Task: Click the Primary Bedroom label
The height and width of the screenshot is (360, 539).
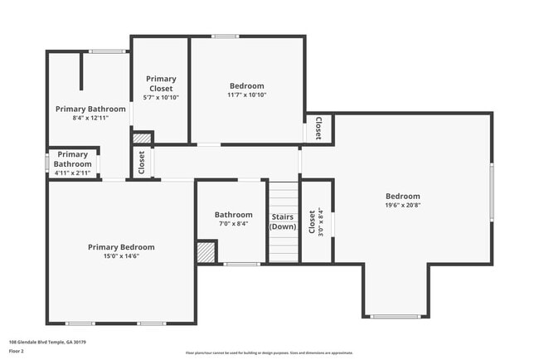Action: (x=121, y=247)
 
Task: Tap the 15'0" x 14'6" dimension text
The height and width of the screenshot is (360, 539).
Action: (x=121, y=255)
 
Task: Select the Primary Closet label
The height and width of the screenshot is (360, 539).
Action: (x=162, y=84)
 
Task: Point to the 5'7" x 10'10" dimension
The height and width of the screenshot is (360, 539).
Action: (x=162, y=97)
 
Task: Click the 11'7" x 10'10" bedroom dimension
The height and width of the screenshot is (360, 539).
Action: (x=247, y=95)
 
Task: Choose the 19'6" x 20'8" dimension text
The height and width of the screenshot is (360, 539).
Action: (x=402, y=205)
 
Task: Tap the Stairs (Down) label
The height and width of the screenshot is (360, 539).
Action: (x=283, y=221)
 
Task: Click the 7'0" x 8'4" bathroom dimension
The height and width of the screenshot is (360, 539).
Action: (x=233, y=223)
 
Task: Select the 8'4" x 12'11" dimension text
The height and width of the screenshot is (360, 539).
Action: (x=90, y=118)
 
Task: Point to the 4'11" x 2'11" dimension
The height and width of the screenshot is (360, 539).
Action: (x=73, y=173)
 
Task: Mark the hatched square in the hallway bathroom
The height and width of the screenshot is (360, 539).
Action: (x=206, y=252)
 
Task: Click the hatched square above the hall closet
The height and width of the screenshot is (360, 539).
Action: (x=143, y=138)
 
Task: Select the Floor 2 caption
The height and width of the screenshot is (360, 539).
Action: (x=17, y=350)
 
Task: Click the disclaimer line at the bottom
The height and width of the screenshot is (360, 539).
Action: (x=269, y=353)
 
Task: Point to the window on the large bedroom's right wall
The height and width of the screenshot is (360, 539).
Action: (x=491, y=194)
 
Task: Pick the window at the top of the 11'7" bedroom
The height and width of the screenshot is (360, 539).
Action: (x=225, y=36)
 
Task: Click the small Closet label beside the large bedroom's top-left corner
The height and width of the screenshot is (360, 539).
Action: (x=319, y=129)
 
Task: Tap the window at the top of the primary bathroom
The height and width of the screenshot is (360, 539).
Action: (x=107, y=51)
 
